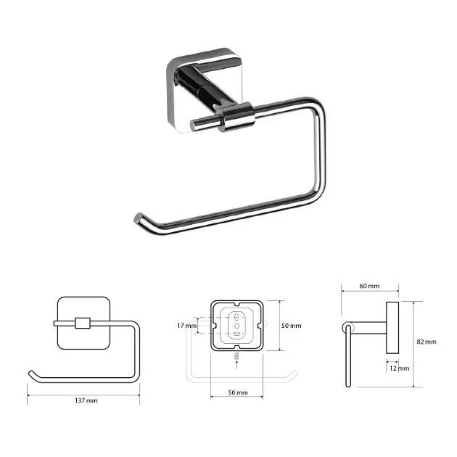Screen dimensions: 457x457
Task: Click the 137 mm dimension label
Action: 86,400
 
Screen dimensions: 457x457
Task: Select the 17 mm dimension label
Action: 187,326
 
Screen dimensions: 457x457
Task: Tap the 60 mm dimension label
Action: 369,286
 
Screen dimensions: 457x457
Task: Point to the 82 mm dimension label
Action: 427,342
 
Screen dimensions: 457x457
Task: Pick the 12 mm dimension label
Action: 399,369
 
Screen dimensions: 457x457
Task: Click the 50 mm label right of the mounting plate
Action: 291,326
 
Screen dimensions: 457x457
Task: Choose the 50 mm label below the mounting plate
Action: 238,392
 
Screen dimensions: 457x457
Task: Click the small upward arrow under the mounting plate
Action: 236,365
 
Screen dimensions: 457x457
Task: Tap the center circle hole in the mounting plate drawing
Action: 236,326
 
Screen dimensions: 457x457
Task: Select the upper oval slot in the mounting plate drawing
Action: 236,317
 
